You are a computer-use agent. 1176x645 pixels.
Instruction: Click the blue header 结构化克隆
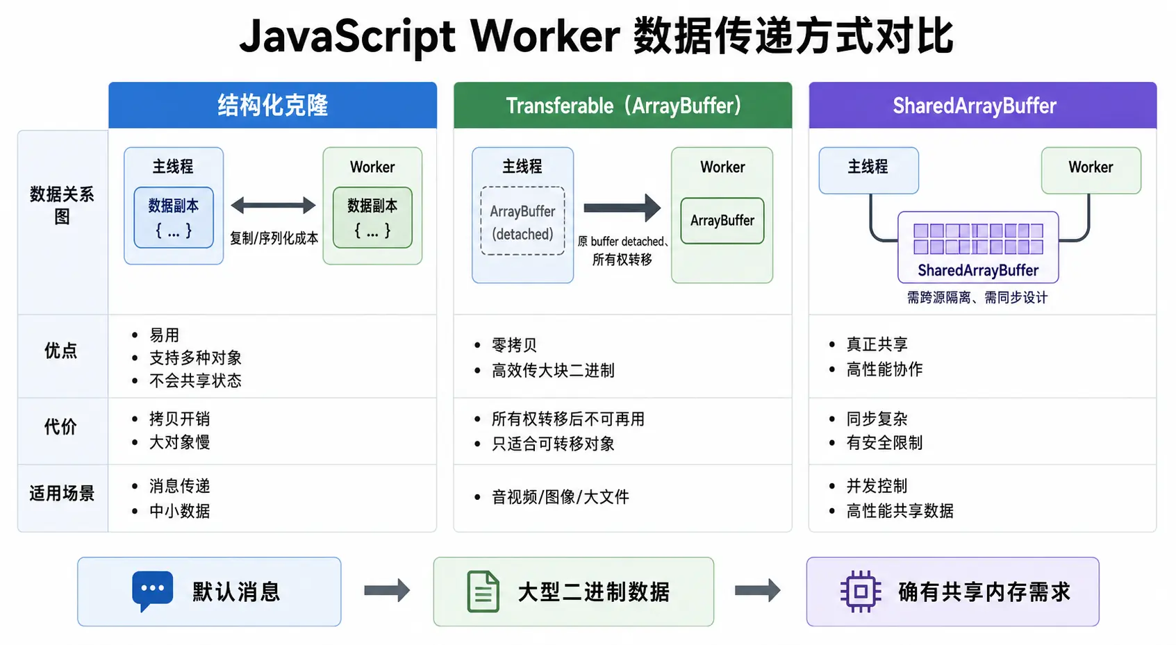272,106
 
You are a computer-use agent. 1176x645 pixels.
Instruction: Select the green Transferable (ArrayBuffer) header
622,106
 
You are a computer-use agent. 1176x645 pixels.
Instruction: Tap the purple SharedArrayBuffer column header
982,106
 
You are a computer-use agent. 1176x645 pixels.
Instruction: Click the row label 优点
61,351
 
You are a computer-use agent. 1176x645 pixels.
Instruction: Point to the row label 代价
61,427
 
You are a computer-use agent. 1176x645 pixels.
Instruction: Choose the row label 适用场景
62,494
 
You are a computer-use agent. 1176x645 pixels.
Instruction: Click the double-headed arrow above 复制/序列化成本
273,206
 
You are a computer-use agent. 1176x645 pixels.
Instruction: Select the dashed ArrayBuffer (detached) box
522,221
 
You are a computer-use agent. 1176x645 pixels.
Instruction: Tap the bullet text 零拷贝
514,345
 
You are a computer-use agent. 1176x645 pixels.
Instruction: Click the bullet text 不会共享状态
195,380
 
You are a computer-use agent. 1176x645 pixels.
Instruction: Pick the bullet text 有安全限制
884,443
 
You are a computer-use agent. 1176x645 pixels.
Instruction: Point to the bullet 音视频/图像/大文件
560,496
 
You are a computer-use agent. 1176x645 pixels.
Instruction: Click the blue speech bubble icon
152,590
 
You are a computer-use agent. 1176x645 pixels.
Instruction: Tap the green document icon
483,592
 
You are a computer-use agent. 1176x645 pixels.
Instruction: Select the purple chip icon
861,592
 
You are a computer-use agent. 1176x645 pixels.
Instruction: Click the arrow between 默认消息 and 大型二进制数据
387,591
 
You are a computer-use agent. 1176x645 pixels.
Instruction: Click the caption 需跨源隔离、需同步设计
977,298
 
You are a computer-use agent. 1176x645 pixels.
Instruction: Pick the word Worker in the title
545,36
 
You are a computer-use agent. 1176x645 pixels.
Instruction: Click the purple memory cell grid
978,239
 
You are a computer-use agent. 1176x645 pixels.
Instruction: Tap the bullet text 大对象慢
179,442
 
